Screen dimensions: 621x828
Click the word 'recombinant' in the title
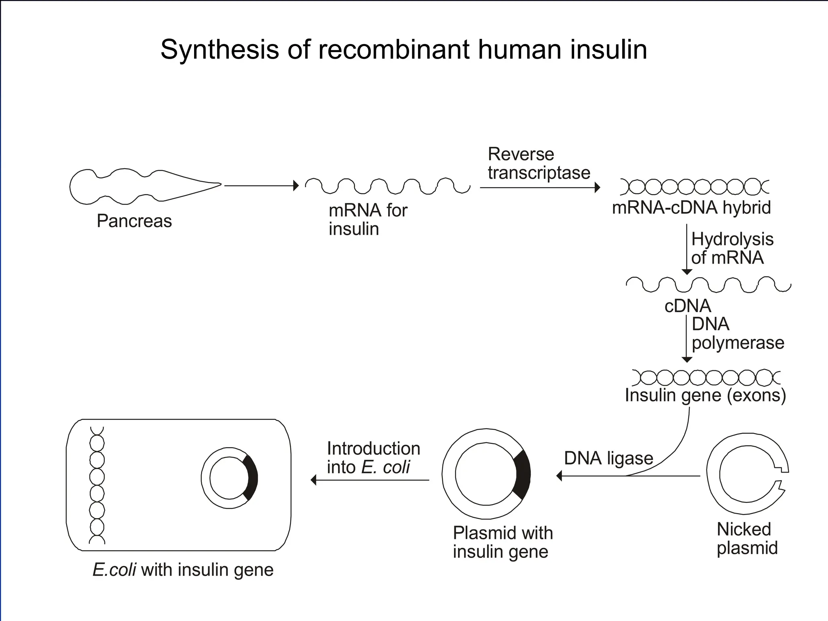click(394, 50)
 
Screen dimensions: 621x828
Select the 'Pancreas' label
click(134, 221)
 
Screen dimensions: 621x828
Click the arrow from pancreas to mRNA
click(261, 186)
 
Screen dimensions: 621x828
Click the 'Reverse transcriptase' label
click(539, 163)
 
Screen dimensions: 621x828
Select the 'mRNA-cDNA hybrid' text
click(691, 208)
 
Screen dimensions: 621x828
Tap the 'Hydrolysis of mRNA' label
click(732, 248)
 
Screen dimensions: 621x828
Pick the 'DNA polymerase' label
click(737, 334)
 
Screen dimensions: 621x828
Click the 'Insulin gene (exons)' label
click(705, 395)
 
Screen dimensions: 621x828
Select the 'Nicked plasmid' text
click(747, 539)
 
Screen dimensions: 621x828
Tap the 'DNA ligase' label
click(608, 458)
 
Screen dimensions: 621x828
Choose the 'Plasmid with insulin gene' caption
click(502, 542)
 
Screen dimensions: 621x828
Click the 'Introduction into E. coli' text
click(373, 458)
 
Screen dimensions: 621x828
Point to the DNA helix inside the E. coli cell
click(97, 485)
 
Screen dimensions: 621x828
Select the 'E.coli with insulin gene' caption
click(183, 570)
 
